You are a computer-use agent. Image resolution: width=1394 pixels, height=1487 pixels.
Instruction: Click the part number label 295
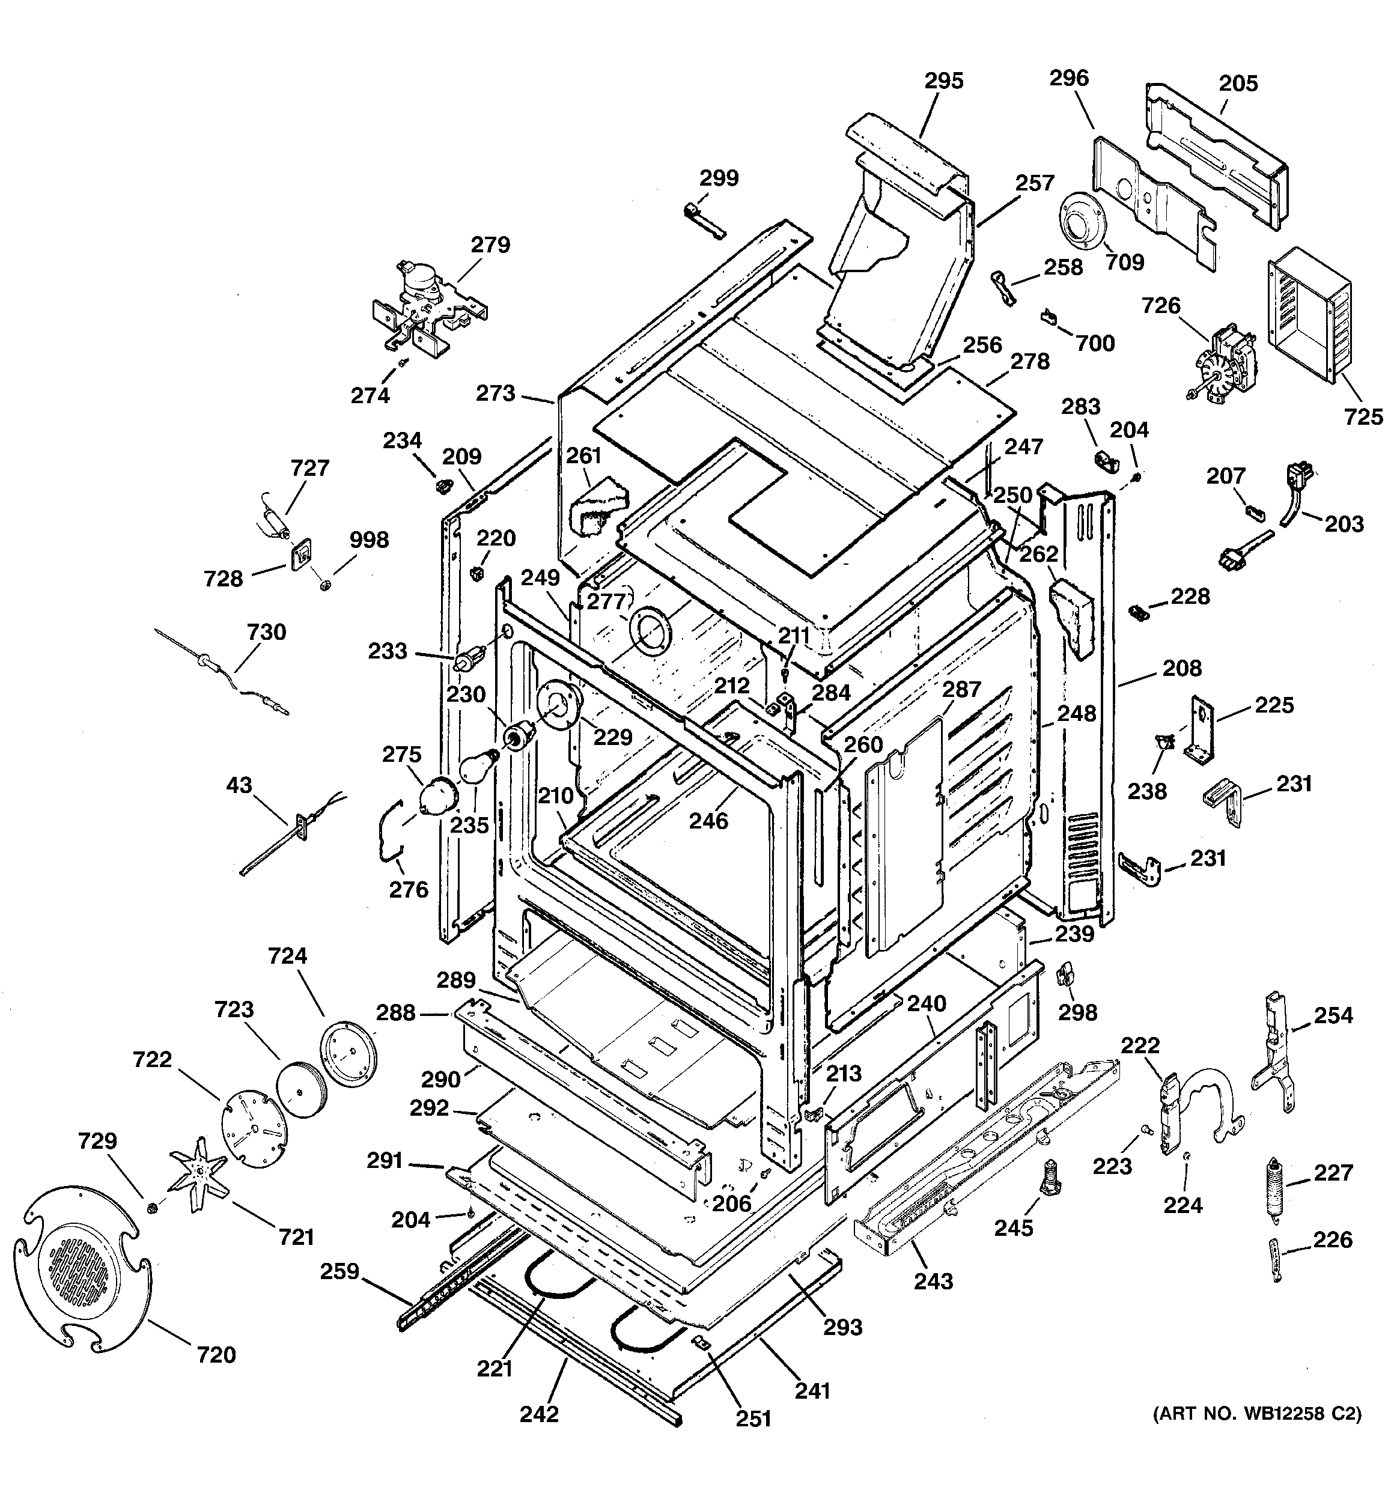point(943,80)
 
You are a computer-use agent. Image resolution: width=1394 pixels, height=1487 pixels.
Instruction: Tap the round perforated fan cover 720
point(81,1267)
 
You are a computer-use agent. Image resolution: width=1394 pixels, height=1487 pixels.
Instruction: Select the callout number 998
point(369,540)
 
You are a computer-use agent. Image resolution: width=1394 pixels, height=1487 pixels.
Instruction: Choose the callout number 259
point(339,1271)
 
